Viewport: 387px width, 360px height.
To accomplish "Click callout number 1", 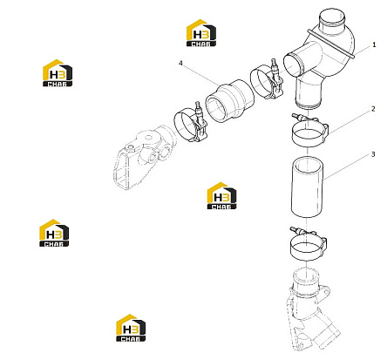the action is pos(374,44).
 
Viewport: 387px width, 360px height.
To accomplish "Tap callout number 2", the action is pos(373,109).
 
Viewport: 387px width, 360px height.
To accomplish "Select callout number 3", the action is pos(373,154).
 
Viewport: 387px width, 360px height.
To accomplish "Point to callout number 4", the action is pos(180,63).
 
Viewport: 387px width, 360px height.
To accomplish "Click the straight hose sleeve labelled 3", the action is pos(307,187).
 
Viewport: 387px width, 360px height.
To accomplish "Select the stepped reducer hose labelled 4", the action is pos(229,101).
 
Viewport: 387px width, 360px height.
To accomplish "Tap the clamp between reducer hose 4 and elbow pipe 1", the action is pos(267,80).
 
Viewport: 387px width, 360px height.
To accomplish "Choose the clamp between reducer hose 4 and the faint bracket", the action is pos(190,125).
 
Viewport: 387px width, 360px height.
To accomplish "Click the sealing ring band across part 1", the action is pos(331,44).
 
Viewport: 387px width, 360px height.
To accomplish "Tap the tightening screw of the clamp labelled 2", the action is pos(299,117).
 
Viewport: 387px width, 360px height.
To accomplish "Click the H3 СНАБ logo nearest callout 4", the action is pos(201,33).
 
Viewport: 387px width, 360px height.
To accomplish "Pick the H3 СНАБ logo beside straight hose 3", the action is pos(221,196).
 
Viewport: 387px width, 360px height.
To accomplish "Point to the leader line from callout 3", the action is pos(347,167).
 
